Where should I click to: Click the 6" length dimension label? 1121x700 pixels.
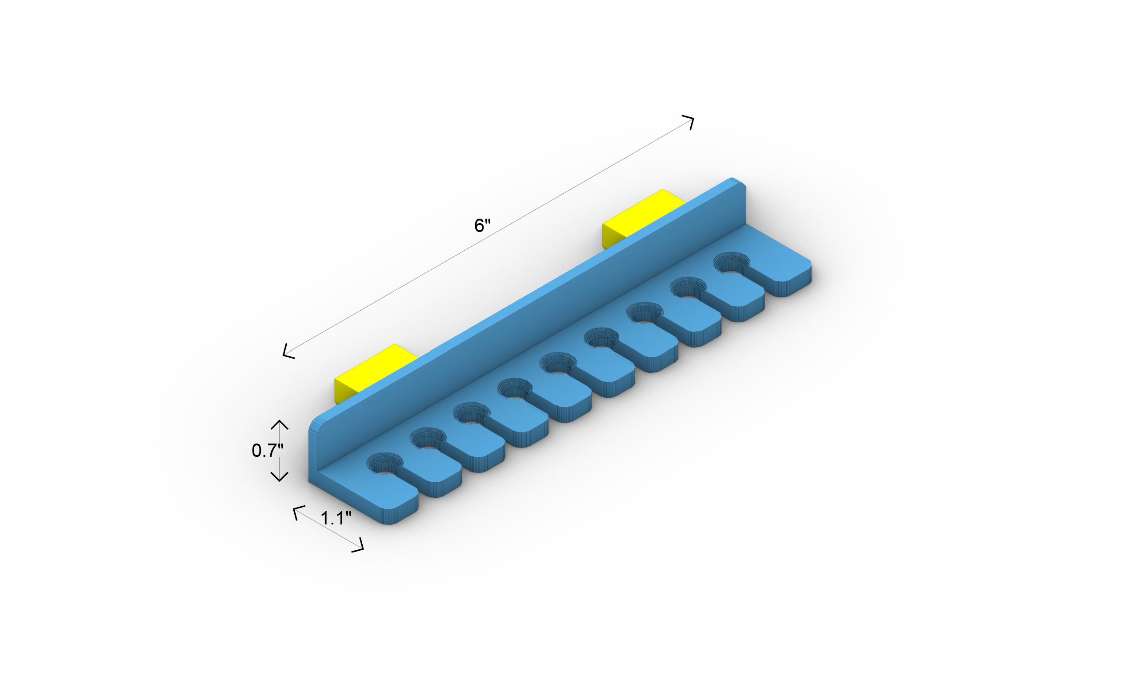pos(482,225)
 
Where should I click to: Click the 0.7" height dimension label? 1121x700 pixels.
pos(267,451)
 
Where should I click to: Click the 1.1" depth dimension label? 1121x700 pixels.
pos(336,518)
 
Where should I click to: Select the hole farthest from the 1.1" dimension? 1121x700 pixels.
pos(732,264)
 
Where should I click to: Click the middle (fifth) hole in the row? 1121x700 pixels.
pos(558,365)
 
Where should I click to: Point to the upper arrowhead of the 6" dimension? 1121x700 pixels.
pos(690,121)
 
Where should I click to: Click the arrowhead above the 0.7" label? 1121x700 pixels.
pos(279,424)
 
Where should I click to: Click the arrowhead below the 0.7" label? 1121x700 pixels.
pos(279,478)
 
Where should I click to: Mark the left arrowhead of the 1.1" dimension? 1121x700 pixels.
pos(297,511)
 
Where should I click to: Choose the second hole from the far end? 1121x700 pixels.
pos(688,289)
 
